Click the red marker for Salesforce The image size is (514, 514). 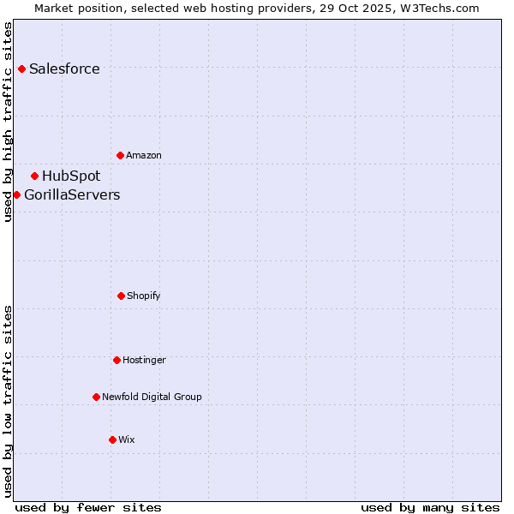pyautogui.click(x=21, y=69)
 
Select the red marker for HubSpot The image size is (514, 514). pyautogui.click(x=34, y=176)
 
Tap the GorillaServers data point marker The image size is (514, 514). pyautogui.click(x=16, y=194)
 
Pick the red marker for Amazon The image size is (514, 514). pyautogui.click(x=120, y=155)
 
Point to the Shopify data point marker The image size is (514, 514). pyautogui.click(x=121, y=296)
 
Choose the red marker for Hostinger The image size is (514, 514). pyautogui.click(x=117, y=360)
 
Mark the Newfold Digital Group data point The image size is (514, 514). pyautogui.click(x=96, y=397)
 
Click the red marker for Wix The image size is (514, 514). pyautogui.click(x=112, y=439)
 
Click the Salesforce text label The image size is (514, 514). pyautogui.click(x=64, y=69)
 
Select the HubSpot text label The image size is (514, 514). pyautogui.click(x=71, y=176)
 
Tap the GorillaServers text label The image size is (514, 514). pyautogui.click(x=72, y=195)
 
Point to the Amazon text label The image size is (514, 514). pyautogui.click(x=144, y=156)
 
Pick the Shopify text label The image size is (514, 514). pyautogui.click(x=144, y=296)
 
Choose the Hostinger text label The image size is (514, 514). pyautogui.click(x=144, y=361)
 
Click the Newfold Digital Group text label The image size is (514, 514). pyautogui.click(x=152, y=397)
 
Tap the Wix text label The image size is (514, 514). pyautogui.click(x=127, y=440)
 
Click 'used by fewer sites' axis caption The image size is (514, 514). pyautogui.click(x=88, y=507)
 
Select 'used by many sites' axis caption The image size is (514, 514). pyautogui.click(x=430, y=507)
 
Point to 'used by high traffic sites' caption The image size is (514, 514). pyautogui.click(x=8, y=122)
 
